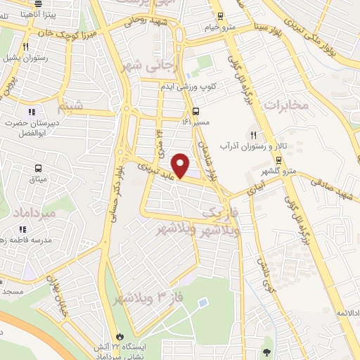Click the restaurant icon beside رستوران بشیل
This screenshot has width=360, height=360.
pos(25,47)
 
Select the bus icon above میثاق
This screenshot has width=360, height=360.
pos(37,168)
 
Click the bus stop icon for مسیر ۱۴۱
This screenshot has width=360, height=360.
pos(195,110)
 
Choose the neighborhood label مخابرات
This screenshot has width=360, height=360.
pos(287,105)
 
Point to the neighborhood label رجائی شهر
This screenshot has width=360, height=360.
pos(155,66)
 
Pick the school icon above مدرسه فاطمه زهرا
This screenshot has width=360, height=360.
pos(22,229)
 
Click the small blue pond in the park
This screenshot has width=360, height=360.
pos(202,302)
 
